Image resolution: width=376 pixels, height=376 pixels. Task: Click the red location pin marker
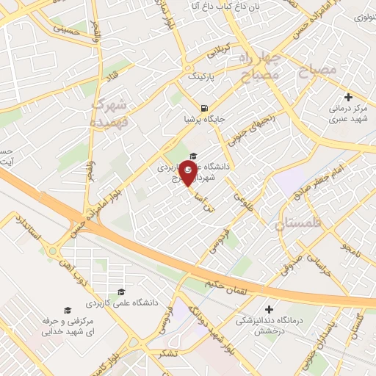coord(188,175)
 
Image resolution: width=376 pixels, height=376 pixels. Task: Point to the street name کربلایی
coord(217,52)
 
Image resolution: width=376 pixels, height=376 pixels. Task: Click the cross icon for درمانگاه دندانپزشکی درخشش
coord(268,309)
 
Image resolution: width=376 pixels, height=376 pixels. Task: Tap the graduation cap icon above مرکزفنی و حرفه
coord(68,311)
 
